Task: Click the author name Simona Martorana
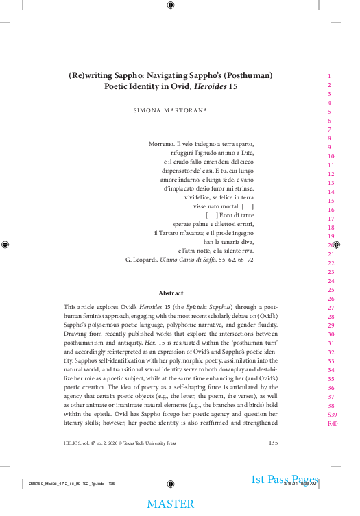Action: pyautogui.click(x=171, y=110)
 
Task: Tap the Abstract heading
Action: pyautogui.click(x=171, y=293)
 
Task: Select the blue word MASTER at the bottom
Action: pyautogui.click(x=171, y=504)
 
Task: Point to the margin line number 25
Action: pyautogui.click(x=331, y=290)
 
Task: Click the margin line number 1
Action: pyautogui.click(x=330, y=76)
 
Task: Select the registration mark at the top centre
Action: pyautogui.click(x=171, y=6)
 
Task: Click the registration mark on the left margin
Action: pyautogui.click(x=6, y=244)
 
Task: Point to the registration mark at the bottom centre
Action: pyautogui.click(x=171, y=483)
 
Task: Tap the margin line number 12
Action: pyautogui.click(x=331, y=174)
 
